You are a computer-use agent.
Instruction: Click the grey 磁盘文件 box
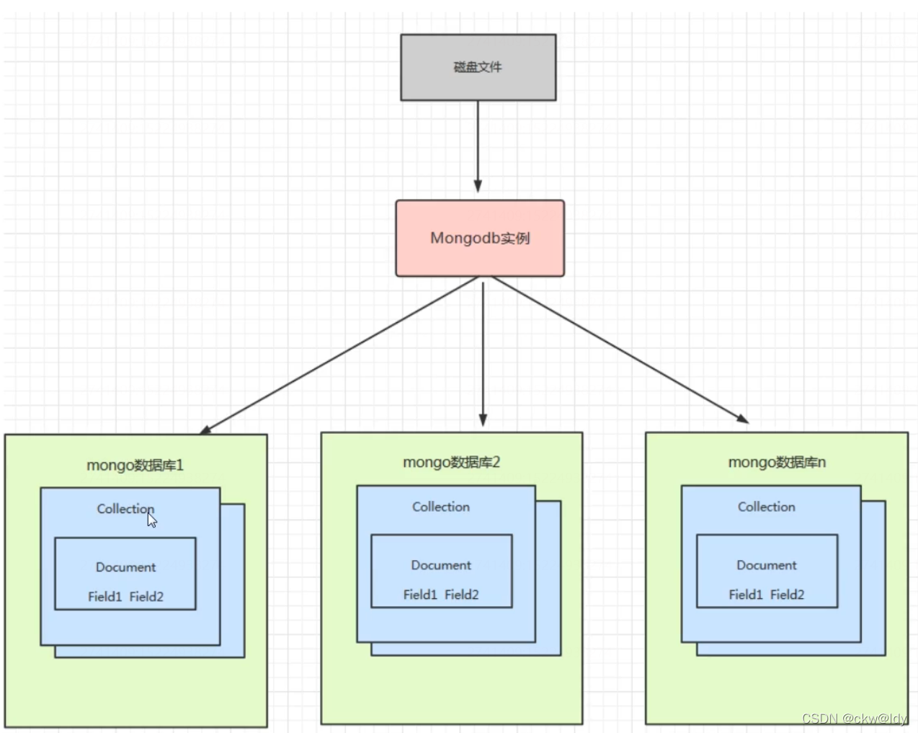click(x=478, y=67)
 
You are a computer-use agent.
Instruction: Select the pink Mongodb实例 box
click(x=480, y=238)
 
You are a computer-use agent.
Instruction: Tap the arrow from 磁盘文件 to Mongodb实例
click(x=478, y=144)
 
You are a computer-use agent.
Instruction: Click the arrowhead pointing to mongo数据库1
click(x=205, y=430)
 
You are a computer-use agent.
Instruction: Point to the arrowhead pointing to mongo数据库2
click(x=483, y=420)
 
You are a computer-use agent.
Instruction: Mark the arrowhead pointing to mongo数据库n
click(x=742, y=418)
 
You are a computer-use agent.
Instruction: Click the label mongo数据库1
click(x=135, y=466)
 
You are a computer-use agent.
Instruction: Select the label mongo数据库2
click(x=451, y=462)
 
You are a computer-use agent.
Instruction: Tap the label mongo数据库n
click(x=777, y=462)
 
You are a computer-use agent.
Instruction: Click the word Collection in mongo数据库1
click(x=125, y=509)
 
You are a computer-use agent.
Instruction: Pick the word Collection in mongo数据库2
click(x=441, y=507)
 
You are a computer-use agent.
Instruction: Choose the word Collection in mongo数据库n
click(x=766, y=507)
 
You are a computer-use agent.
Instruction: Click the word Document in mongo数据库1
click(x=125, y=567)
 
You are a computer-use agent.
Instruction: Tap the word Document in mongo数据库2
click(x=441, y=565)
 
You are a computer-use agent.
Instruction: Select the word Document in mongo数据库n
click(x=766, y=565)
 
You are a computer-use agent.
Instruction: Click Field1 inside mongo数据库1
click(x=105, y=597)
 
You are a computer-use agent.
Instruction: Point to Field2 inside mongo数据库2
click(x=462, y=595)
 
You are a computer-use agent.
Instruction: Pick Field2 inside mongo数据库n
click(x=787, y=595)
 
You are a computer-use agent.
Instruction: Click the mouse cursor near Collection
click(x=152, y=520)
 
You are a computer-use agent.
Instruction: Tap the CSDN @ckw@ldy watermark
click(x=855, y=719)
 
